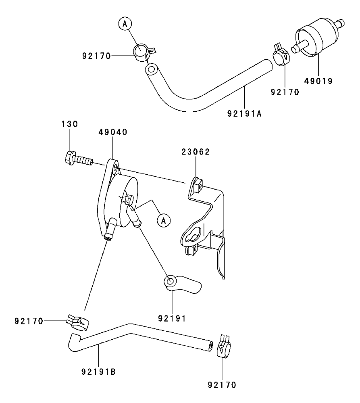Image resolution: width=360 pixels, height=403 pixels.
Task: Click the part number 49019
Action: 318,81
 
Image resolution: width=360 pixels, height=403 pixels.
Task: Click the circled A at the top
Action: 125,24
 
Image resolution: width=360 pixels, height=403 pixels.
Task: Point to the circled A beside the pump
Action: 163,220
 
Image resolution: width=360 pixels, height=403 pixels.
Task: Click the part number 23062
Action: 196,152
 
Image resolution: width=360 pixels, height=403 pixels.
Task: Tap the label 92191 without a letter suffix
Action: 172,317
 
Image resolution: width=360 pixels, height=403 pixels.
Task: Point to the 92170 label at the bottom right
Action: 222,384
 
